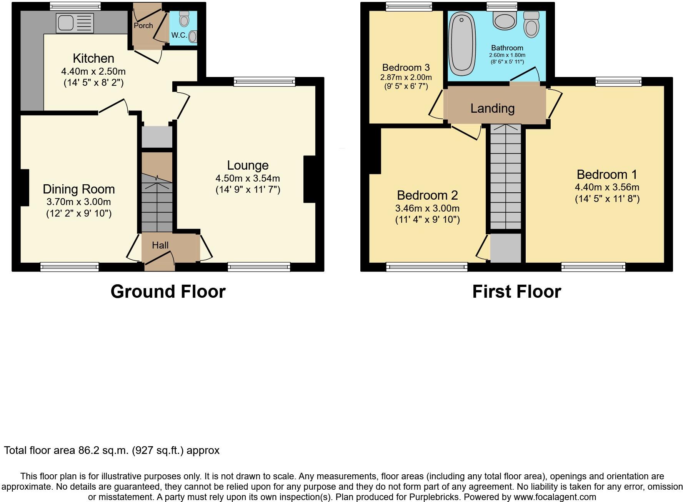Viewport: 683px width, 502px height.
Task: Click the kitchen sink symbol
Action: tap(74, 23)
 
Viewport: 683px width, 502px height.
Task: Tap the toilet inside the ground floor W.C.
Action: tap(185, 19)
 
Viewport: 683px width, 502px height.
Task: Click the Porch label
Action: tap(143, 26)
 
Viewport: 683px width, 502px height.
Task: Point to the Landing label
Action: tap(492, 108)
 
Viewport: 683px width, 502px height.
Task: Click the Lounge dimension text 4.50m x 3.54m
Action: tap(248, 178)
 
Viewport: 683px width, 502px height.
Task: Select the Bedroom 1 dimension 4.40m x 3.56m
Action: tap(607, 187)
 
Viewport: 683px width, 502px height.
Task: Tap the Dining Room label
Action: tap(78, 189)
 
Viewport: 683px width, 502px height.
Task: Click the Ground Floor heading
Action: tap(168, 292)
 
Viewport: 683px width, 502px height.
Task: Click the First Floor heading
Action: tap(516, 292)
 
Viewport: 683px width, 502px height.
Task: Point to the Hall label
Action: tap(160, 245)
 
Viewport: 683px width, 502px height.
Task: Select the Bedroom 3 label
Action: tap(406, 68)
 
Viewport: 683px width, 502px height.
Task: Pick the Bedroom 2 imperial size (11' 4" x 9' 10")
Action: tap(427, 220)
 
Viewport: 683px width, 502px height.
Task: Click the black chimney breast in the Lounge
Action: tap(310, 179)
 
